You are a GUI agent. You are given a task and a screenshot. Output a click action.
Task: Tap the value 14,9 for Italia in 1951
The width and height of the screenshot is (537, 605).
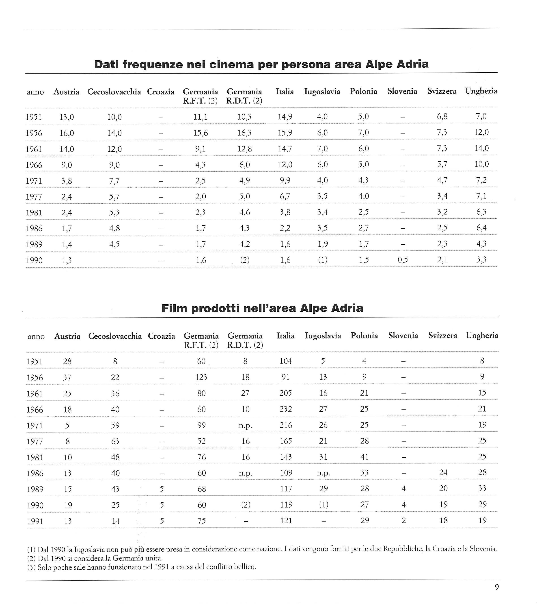click(x=285, y=117)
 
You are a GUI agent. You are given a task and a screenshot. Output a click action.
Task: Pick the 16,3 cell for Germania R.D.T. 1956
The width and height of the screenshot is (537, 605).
click(x=244, y=133)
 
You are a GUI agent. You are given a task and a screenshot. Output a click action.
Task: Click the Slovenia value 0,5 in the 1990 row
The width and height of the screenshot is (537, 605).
click(x=403, y=260)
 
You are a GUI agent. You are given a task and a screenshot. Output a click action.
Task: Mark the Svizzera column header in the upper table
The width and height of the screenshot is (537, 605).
click(x=442, y=91)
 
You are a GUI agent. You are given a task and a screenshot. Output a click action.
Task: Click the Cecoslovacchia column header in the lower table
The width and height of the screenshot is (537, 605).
click(x=115, y=336)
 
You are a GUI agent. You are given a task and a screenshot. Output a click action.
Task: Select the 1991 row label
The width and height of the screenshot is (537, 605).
click(x=35, y=521)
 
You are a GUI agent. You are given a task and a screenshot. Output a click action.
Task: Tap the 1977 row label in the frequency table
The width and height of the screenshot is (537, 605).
click(x=34, y=197)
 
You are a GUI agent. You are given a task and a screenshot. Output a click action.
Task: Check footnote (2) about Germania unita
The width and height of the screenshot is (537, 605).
click(x=95, y=558)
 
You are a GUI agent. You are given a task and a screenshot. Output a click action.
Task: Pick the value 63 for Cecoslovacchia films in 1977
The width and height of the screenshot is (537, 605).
click(x=115, y=441)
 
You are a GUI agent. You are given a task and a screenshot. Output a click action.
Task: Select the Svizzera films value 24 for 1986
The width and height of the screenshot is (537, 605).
click(x=443, y=473)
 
